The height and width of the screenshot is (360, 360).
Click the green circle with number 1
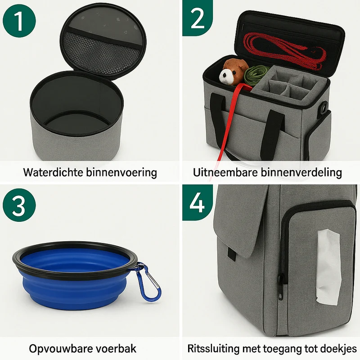coord(19,21)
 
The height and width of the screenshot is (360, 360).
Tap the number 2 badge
coord(198,18)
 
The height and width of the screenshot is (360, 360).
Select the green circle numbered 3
coord(19,205)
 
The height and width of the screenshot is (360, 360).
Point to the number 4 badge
coord(198,202)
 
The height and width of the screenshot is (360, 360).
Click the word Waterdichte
coord(53,172)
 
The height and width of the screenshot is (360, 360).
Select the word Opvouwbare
coord(60,349)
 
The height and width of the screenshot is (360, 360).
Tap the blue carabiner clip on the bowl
coord(147,282)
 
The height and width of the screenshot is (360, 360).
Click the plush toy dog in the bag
coord(233,72)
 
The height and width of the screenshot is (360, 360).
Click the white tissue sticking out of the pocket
coord(328,267)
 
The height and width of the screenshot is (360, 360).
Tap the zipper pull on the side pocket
coord(280,288)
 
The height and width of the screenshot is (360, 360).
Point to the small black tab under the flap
coord(232,254)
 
